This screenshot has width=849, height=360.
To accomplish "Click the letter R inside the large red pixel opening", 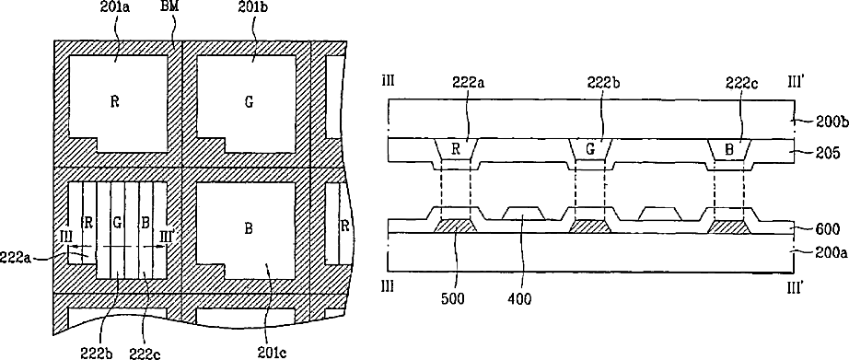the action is [114, 102].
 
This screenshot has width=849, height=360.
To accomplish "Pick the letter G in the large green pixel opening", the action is [249, 102].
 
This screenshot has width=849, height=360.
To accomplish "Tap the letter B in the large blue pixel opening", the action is [248, 229].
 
